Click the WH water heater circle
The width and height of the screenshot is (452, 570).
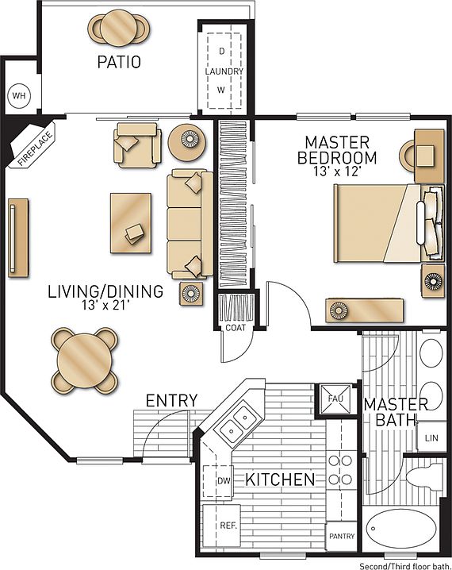pyautogui.click(x=18, y=97)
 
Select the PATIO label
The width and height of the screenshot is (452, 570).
pyautogui.click(x=120, y=62)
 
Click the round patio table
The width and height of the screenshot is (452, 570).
pyautogui.click(x=119, y=27)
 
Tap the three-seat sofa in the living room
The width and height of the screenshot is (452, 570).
pyautogui.click(x=189, y=225)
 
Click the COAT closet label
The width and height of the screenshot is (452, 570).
pyautogui.click(x=235, y=328)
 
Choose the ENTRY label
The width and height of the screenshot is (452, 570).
pyautogui.click(x=171, y=400)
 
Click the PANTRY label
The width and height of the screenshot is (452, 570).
pyautogui.click(x=341, y=536)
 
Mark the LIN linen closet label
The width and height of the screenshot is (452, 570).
pyautogui.click(x=431, y=437)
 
